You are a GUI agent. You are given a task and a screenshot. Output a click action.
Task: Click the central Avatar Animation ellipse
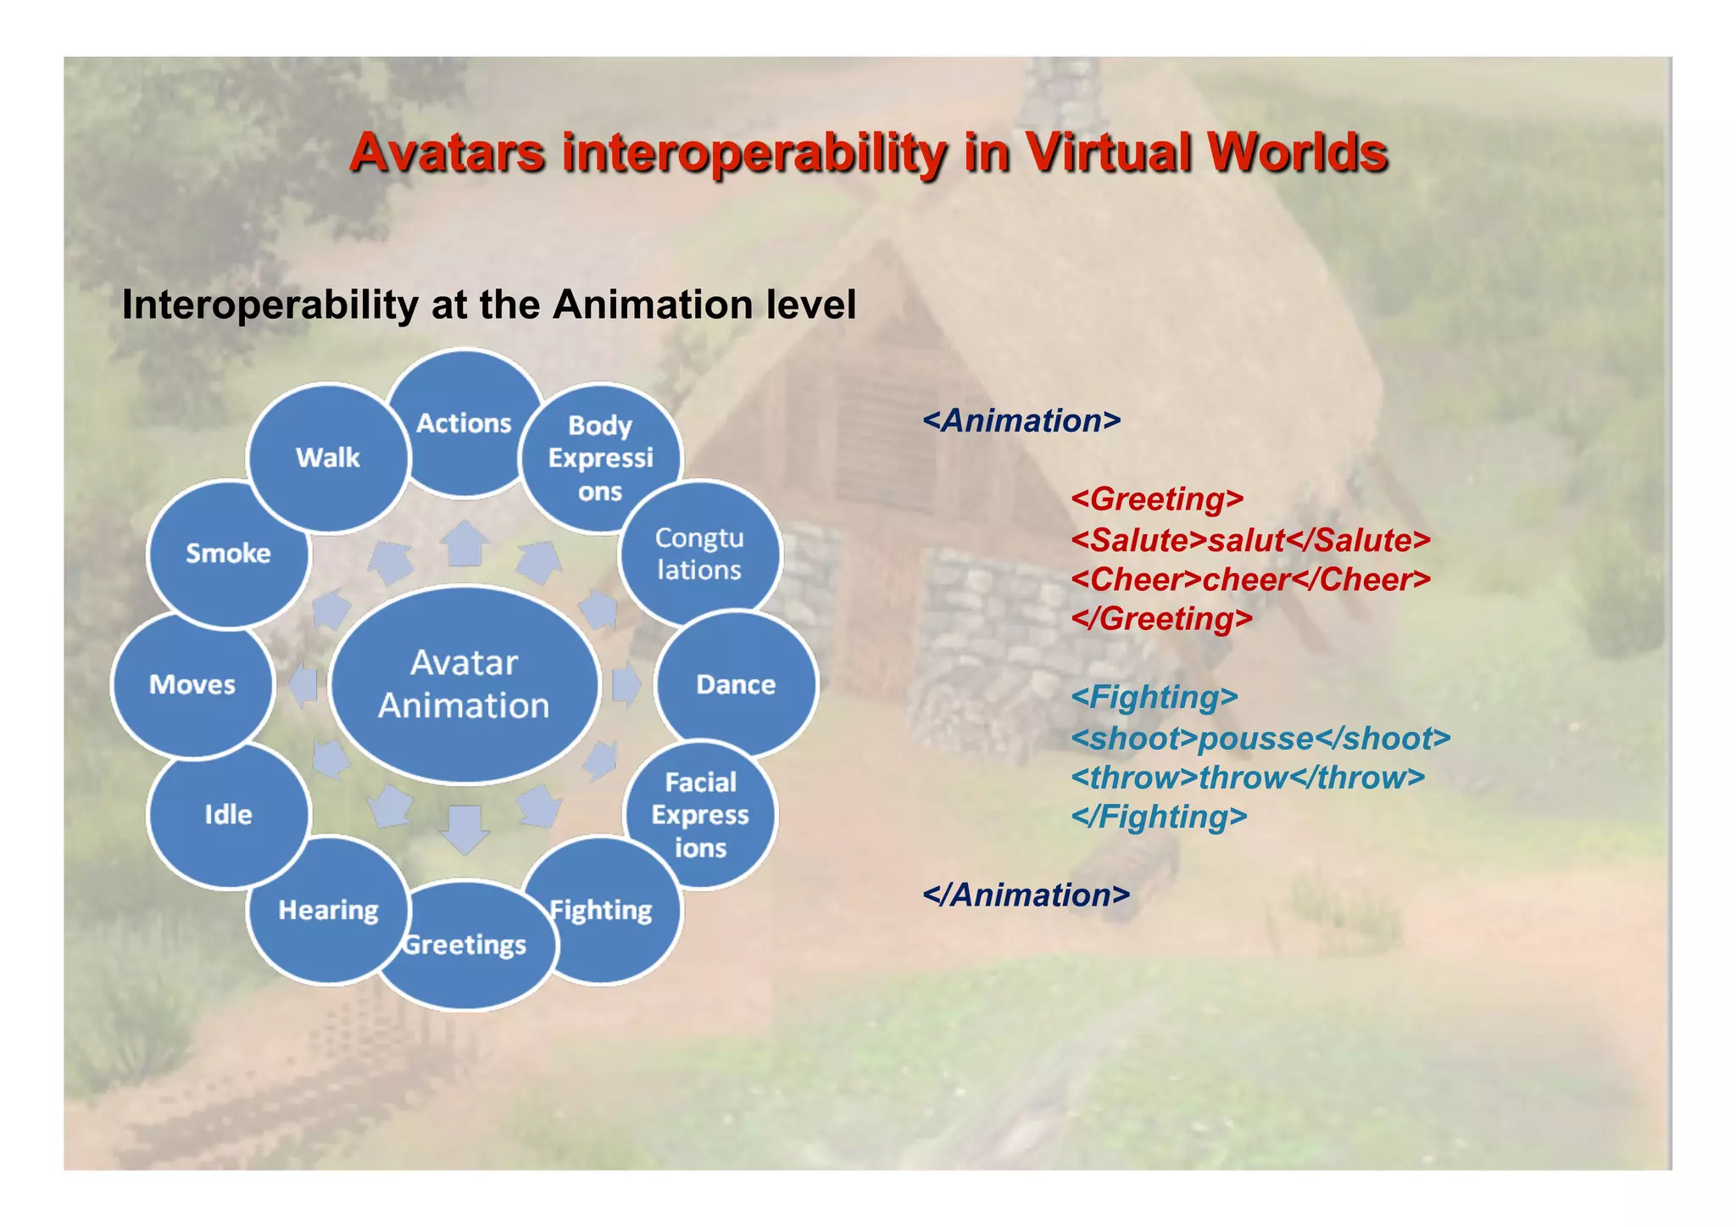tap(464, 683)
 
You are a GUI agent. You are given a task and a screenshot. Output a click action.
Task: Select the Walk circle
tap(328, 458)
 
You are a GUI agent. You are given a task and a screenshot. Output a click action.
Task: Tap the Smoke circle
tap(228, 554)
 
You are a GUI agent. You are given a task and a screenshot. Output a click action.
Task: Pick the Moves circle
tap(192, 684)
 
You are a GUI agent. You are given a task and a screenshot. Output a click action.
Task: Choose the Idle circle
tap(228, 815)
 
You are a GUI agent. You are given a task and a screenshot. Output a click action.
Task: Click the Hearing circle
tap(328, 911)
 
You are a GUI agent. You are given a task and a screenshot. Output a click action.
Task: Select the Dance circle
tap(736, 684)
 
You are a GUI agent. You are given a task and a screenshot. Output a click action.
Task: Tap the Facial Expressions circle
tap(700, 815)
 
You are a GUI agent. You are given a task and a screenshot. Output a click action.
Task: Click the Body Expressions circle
tap(600, 458)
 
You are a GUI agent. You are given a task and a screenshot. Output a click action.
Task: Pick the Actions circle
tap(465, 422)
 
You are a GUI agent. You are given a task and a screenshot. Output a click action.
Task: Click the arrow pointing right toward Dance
tap(626, 684)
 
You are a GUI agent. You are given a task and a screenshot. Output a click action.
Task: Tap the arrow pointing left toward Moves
tap(303, 684)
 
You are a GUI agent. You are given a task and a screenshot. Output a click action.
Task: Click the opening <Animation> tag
tap(1021, 421)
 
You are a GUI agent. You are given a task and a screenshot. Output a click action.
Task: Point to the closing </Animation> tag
tap(1026, 895)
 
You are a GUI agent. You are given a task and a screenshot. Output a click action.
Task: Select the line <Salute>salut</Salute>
tap(1250, 540)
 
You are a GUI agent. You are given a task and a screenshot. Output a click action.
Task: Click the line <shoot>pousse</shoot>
tap(1260, 739)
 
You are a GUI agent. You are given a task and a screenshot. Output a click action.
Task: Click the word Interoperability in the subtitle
tap(270, 304)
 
